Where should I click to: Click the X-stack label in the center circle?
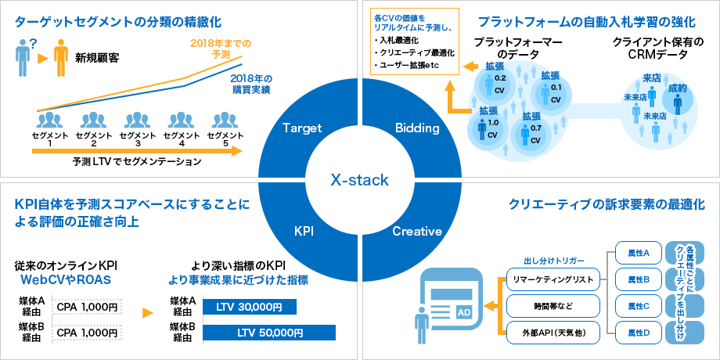coord(359,180)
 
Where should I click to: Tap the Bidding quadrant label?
coord(417,128)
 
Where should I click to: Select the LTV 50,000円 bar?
coord(269,333)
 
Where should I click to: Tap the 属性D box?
coord(639,333)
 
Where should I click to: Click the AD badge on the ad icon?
coord(463,311)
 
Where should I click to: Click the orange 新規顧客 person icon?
coord(59,59)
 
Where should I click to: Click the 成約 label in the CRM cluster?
coord(678,89)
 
